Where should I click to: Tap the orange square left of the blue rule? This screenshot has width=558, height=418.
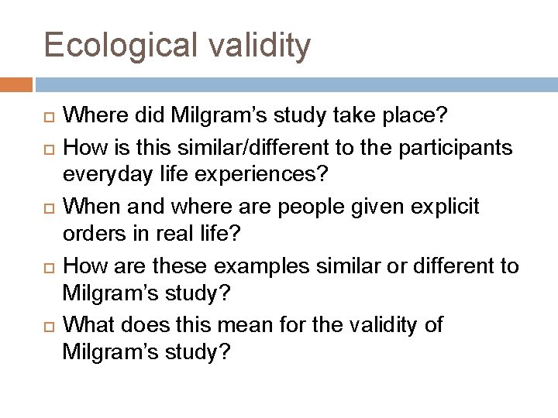[x=16, y=84]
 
